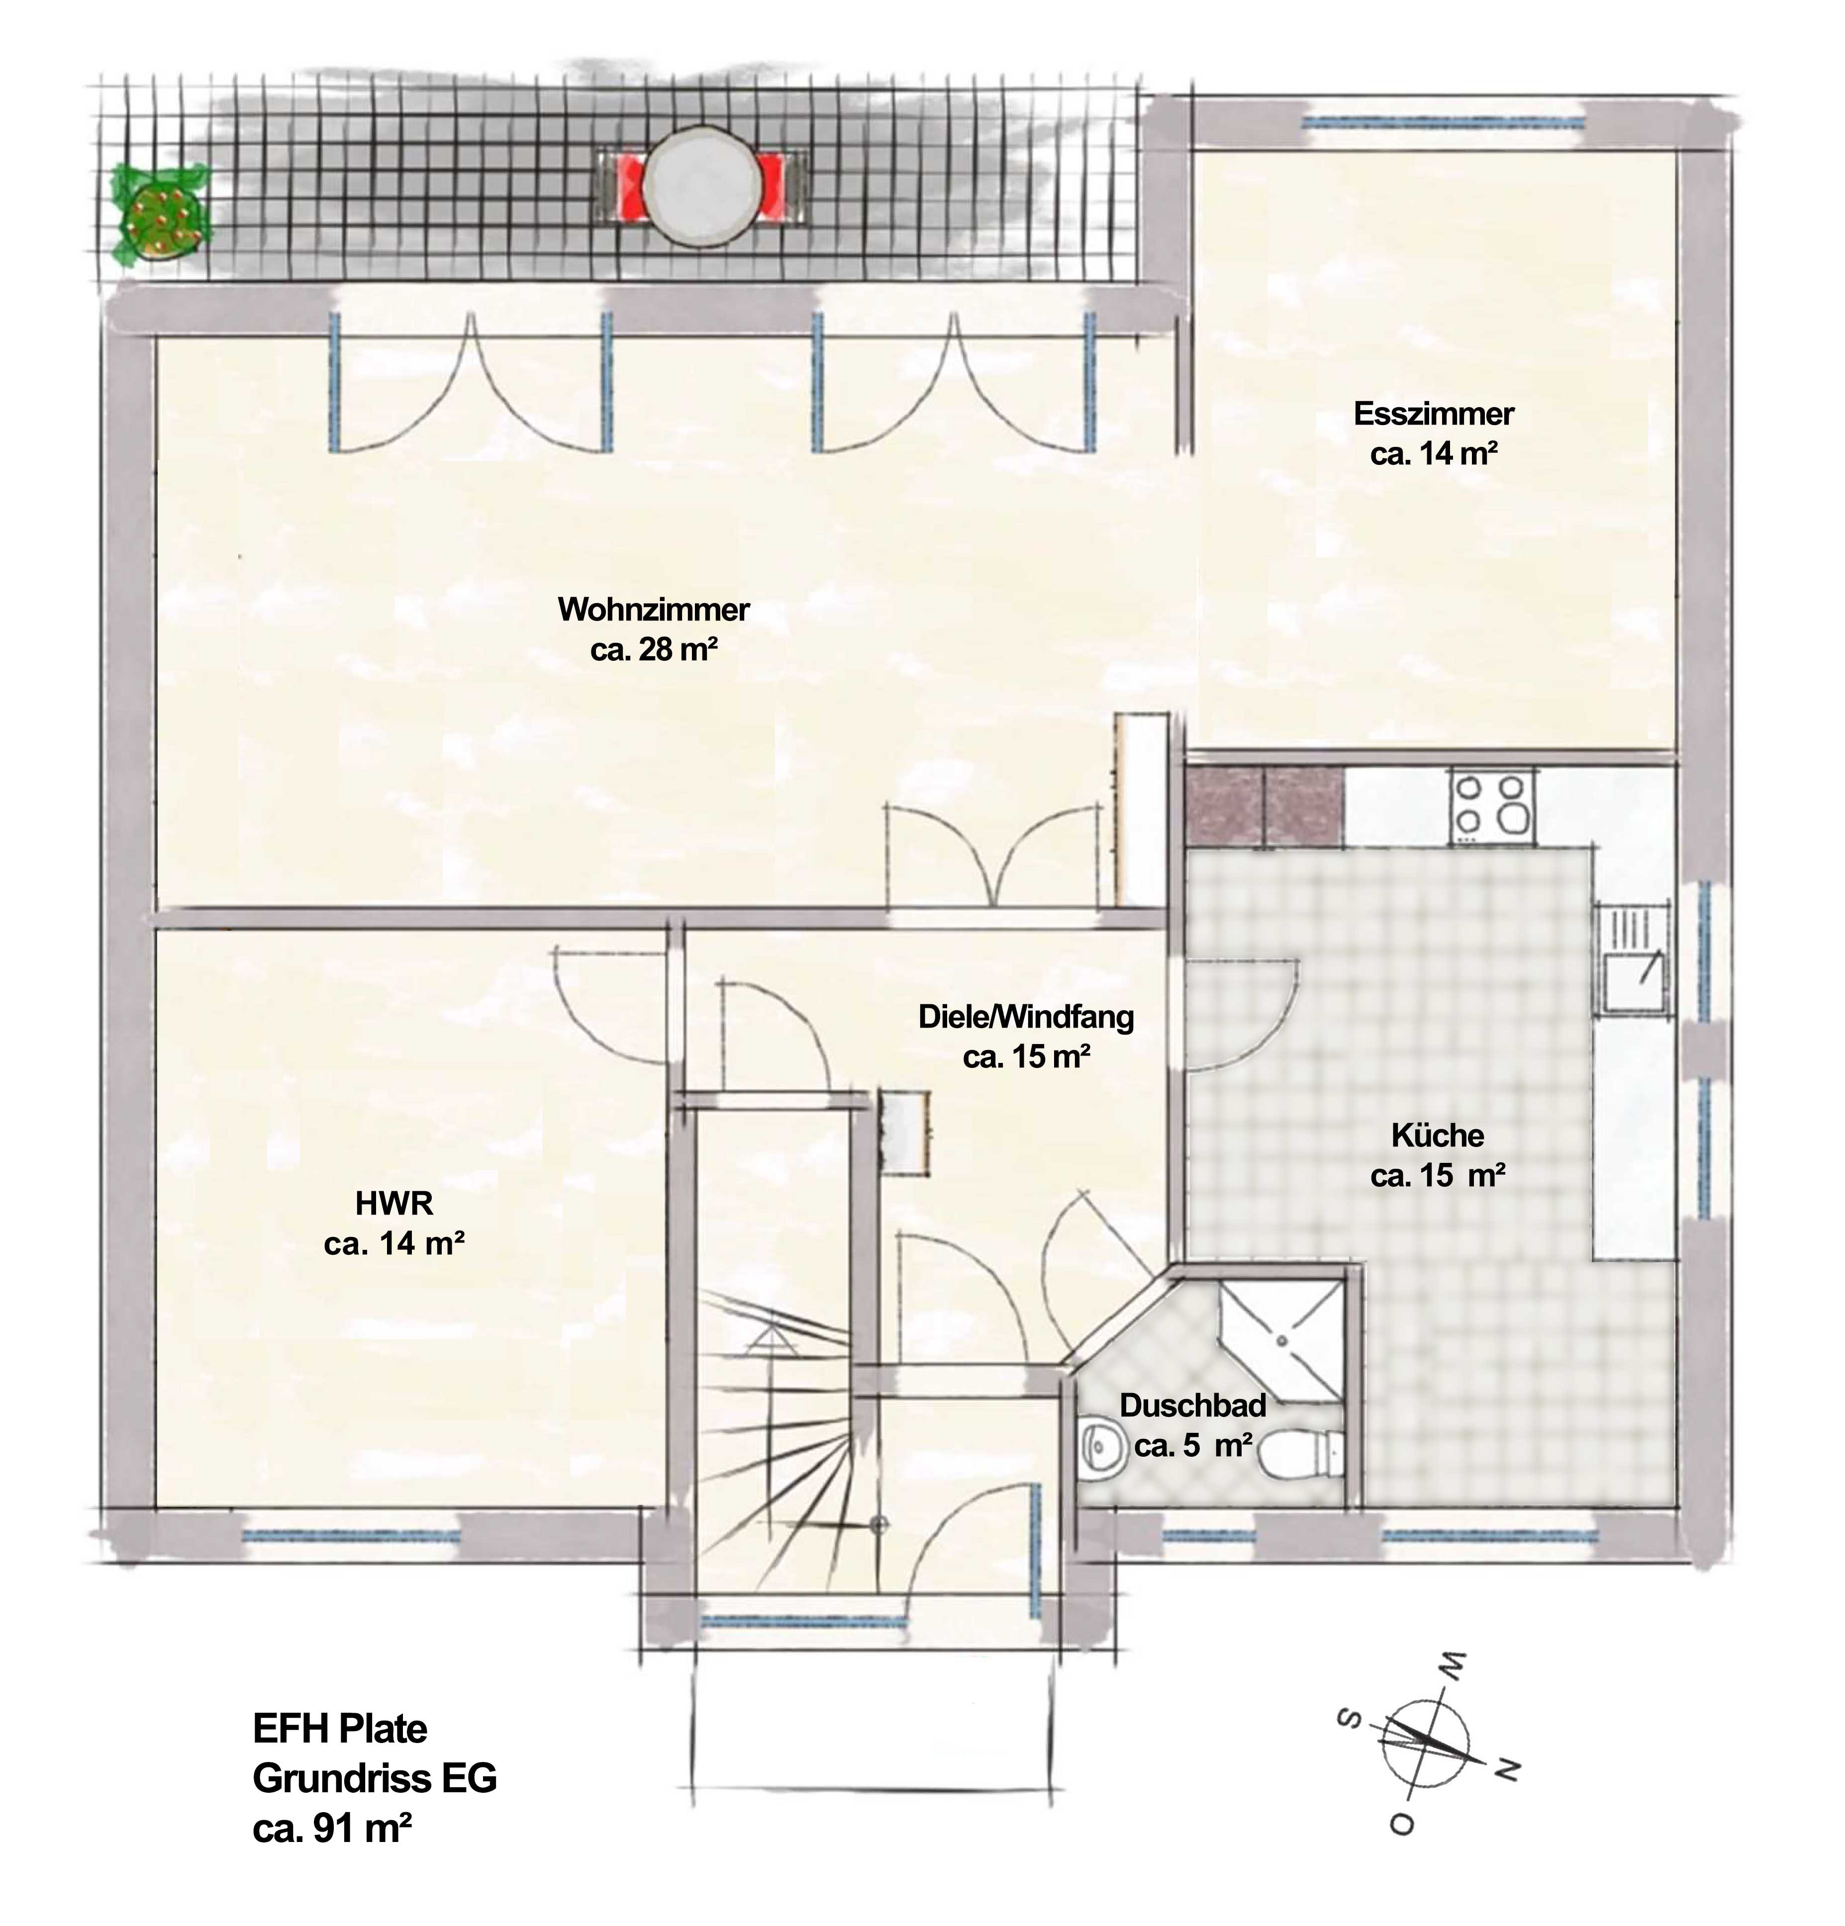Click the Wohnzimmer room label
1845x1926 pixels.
653,609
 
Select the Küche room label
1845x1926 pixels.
1437,1136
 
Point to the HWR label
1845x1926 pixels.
393,1203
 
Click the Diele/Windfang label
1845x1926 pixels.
1025,1016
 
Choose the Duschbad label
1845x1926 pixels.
1192,1405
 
